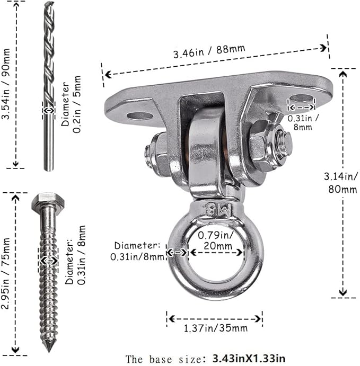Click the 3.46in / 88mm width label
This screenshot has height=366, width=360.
point(209,51)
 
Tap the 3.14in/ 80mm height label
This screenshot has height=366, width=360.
point(340,183)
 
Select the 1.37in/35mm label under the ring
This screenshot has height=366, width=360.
point(215,328)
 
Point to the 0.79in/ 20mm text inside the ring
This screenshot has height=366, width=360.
point(215,240)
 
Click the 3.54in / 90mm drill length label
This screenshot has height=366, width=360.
point(6,84)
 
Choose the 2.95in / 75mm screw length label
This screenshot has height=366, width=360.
point(5,273)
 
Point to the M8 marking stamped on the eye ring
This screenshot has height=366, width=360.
point(218,209)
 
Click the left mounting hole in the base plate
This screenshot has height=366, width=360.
point(140,116)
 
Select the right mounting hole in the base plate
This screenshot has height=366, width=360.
point(302,98)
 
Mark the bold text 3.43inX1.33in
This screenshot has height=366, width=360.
point(249,359)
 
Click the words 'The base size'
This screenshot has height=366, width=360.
point(163,359)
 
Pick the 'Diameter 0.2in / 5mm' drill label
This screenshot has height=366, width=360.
point(71,104)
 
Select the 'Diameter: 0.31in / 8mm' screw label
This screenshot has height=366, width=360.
point(75,255)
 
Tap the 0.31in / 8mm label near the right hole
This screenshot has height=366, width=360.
point(303,122)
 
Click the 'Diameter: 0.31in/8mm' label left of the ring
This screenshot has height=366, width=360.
point(138,251)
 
